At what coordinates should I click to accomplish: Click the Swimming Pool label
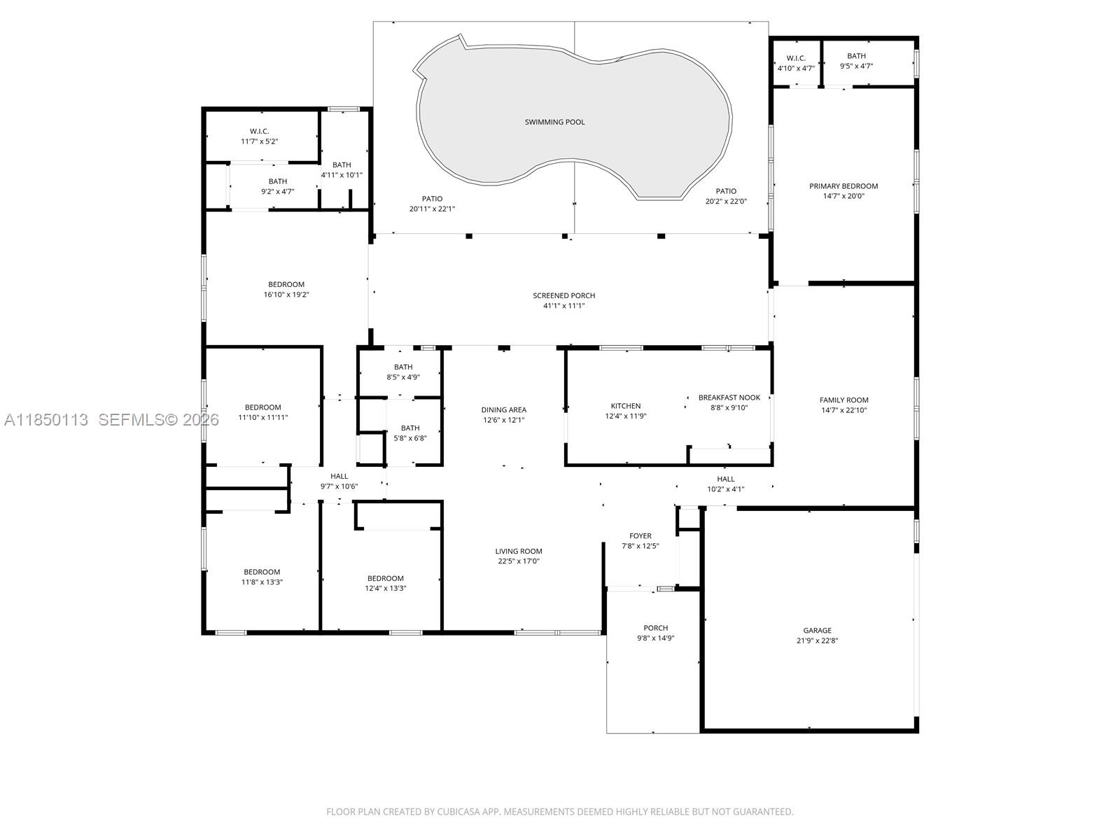pos(554,122)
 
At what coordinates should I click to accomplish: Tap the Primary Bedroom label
pos(843,186)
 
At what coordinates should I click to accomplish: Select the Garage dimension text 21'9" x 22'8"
pos(817,640)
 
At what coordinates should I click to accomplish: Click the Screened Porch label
pos(563,296)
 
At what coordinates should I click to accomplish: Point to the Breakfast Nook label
pos(729,398)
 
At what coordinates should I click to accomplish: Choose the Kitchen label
pos(626,406)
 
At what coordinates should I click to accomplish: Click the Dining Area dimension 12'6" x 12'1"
pos(503,420)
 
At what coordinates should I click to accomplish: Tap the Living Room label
pos(519,552)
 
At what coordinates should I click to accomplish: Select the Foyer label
pos(640,536)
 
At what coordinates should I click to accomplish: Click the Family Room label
pos(844,400)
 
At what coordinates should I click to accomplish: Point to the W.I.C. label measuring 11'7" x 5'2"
pos(259,132)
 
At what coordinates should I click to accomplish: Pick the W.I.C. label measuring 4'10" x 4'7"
pos(796,58)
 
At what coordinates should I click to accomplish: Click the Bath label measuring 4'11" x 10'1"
pos(342,164)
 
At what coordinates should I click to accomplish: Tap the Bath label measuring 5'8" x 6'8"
pos(410,428)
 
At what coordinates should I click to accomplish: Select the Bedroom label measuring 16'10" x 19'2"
pos(286,285)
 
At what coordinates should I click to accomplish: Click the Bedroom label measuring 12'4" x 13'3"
pos(385,578)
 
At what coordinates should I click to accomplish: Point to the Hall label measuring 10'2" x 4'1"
pos(726,479)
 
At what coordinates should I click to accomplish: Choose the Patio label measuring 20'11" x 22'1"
pos(432,199)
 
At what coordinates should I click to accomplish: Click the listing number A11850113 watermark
pos(46,420)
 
